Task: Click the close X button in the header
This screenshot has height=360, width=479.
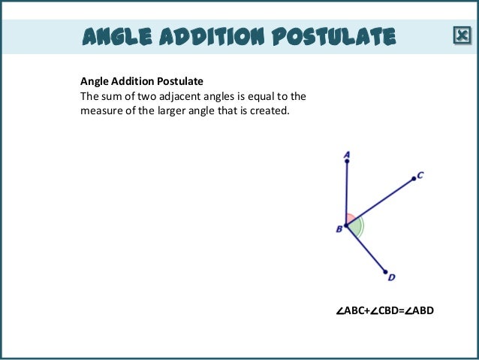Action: tap(461, 35)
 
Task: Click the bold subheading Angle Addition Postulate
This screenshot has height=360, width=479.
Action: tap(142, 80)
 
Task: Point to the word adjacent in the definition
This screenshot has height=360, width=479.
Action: tap(203, 97)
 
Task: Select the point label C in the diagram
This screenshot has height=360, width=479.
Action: tap(420, 175)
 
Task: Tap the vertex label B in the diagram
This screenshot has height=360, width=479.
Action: tap(339, 228)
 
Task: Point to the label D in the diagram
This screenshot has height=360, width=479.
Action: tap(391, 278)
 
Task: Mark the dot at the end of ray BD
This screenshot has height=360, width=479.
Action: tap(385, 271)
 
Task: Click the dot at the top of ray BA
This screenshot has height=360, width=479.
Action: tap(347, 162)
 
